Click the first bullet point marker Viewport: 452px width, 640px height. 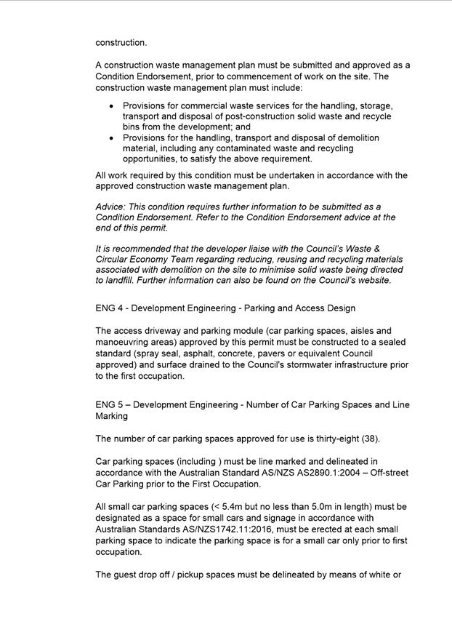tap(111, 106)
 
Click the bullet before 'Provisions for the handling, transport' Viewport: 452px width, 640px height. tap(111, 137)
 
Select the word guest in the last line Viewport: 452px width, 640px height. tap(130, 575)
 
